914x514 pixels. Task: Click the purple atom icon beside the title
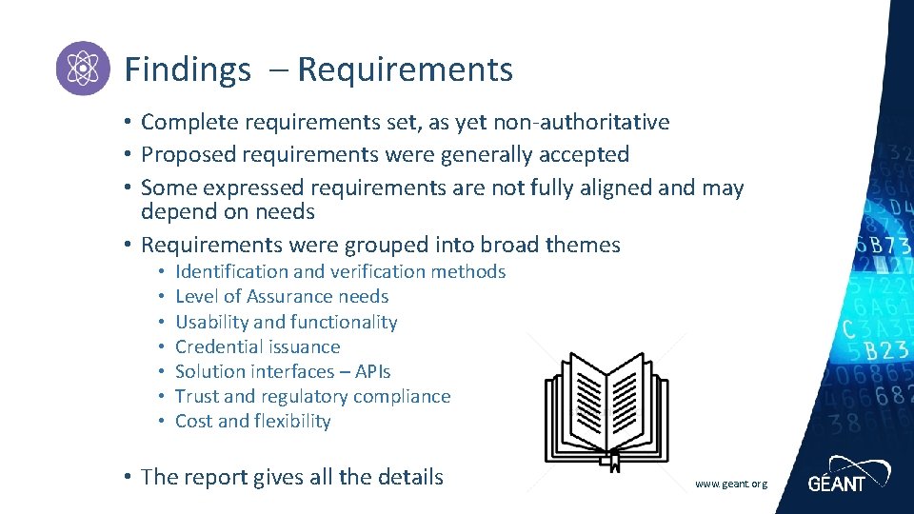[83, 69]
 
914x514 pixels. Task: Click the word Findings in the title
[188, 69]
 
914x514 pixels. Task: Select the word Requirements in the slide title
[405, 69]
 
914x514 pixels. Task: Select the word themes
[583, 245]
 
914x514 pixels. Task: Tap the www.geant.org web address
[730, 484]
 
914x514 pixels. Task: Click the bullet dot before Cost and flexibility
[163, 421]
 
